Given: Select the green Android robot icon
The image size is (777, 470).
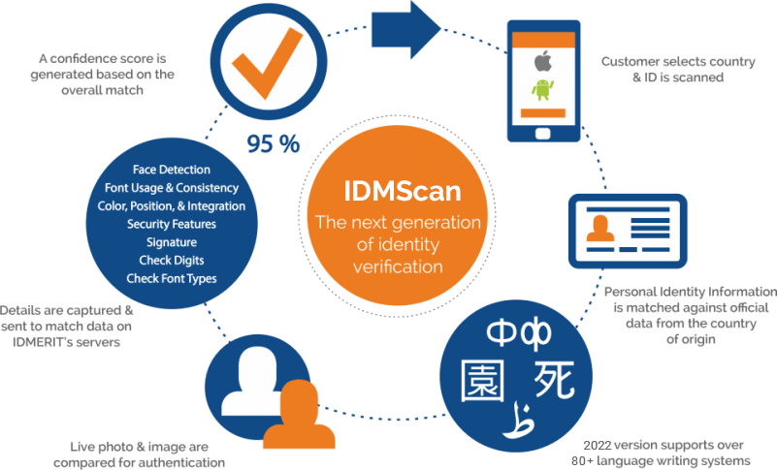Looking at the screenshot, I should (x=542, y=90).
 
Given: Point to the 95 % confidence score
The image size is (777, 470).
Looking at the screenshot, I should (x=273, y=144).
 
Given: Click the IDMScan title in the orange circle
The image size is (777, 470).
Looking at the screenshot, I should (x=398, y=190).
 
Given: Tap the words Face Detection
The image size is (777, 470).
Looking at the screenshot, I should (x=172, y=170).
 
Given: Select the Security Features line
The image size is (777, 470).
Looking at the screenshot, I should (x=172, y=224).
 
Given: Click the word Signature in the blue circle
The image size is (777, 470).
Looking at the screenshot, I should (x=172, y=242).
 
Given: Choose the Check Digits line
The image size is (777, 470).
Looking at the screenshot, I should (x=172, y=261).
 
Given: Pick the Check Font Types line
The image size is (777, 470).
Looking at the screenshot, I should (x=172, y=279).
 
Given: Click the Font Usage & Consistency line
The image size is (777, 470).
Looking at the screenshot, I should (x=172, y=188).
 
